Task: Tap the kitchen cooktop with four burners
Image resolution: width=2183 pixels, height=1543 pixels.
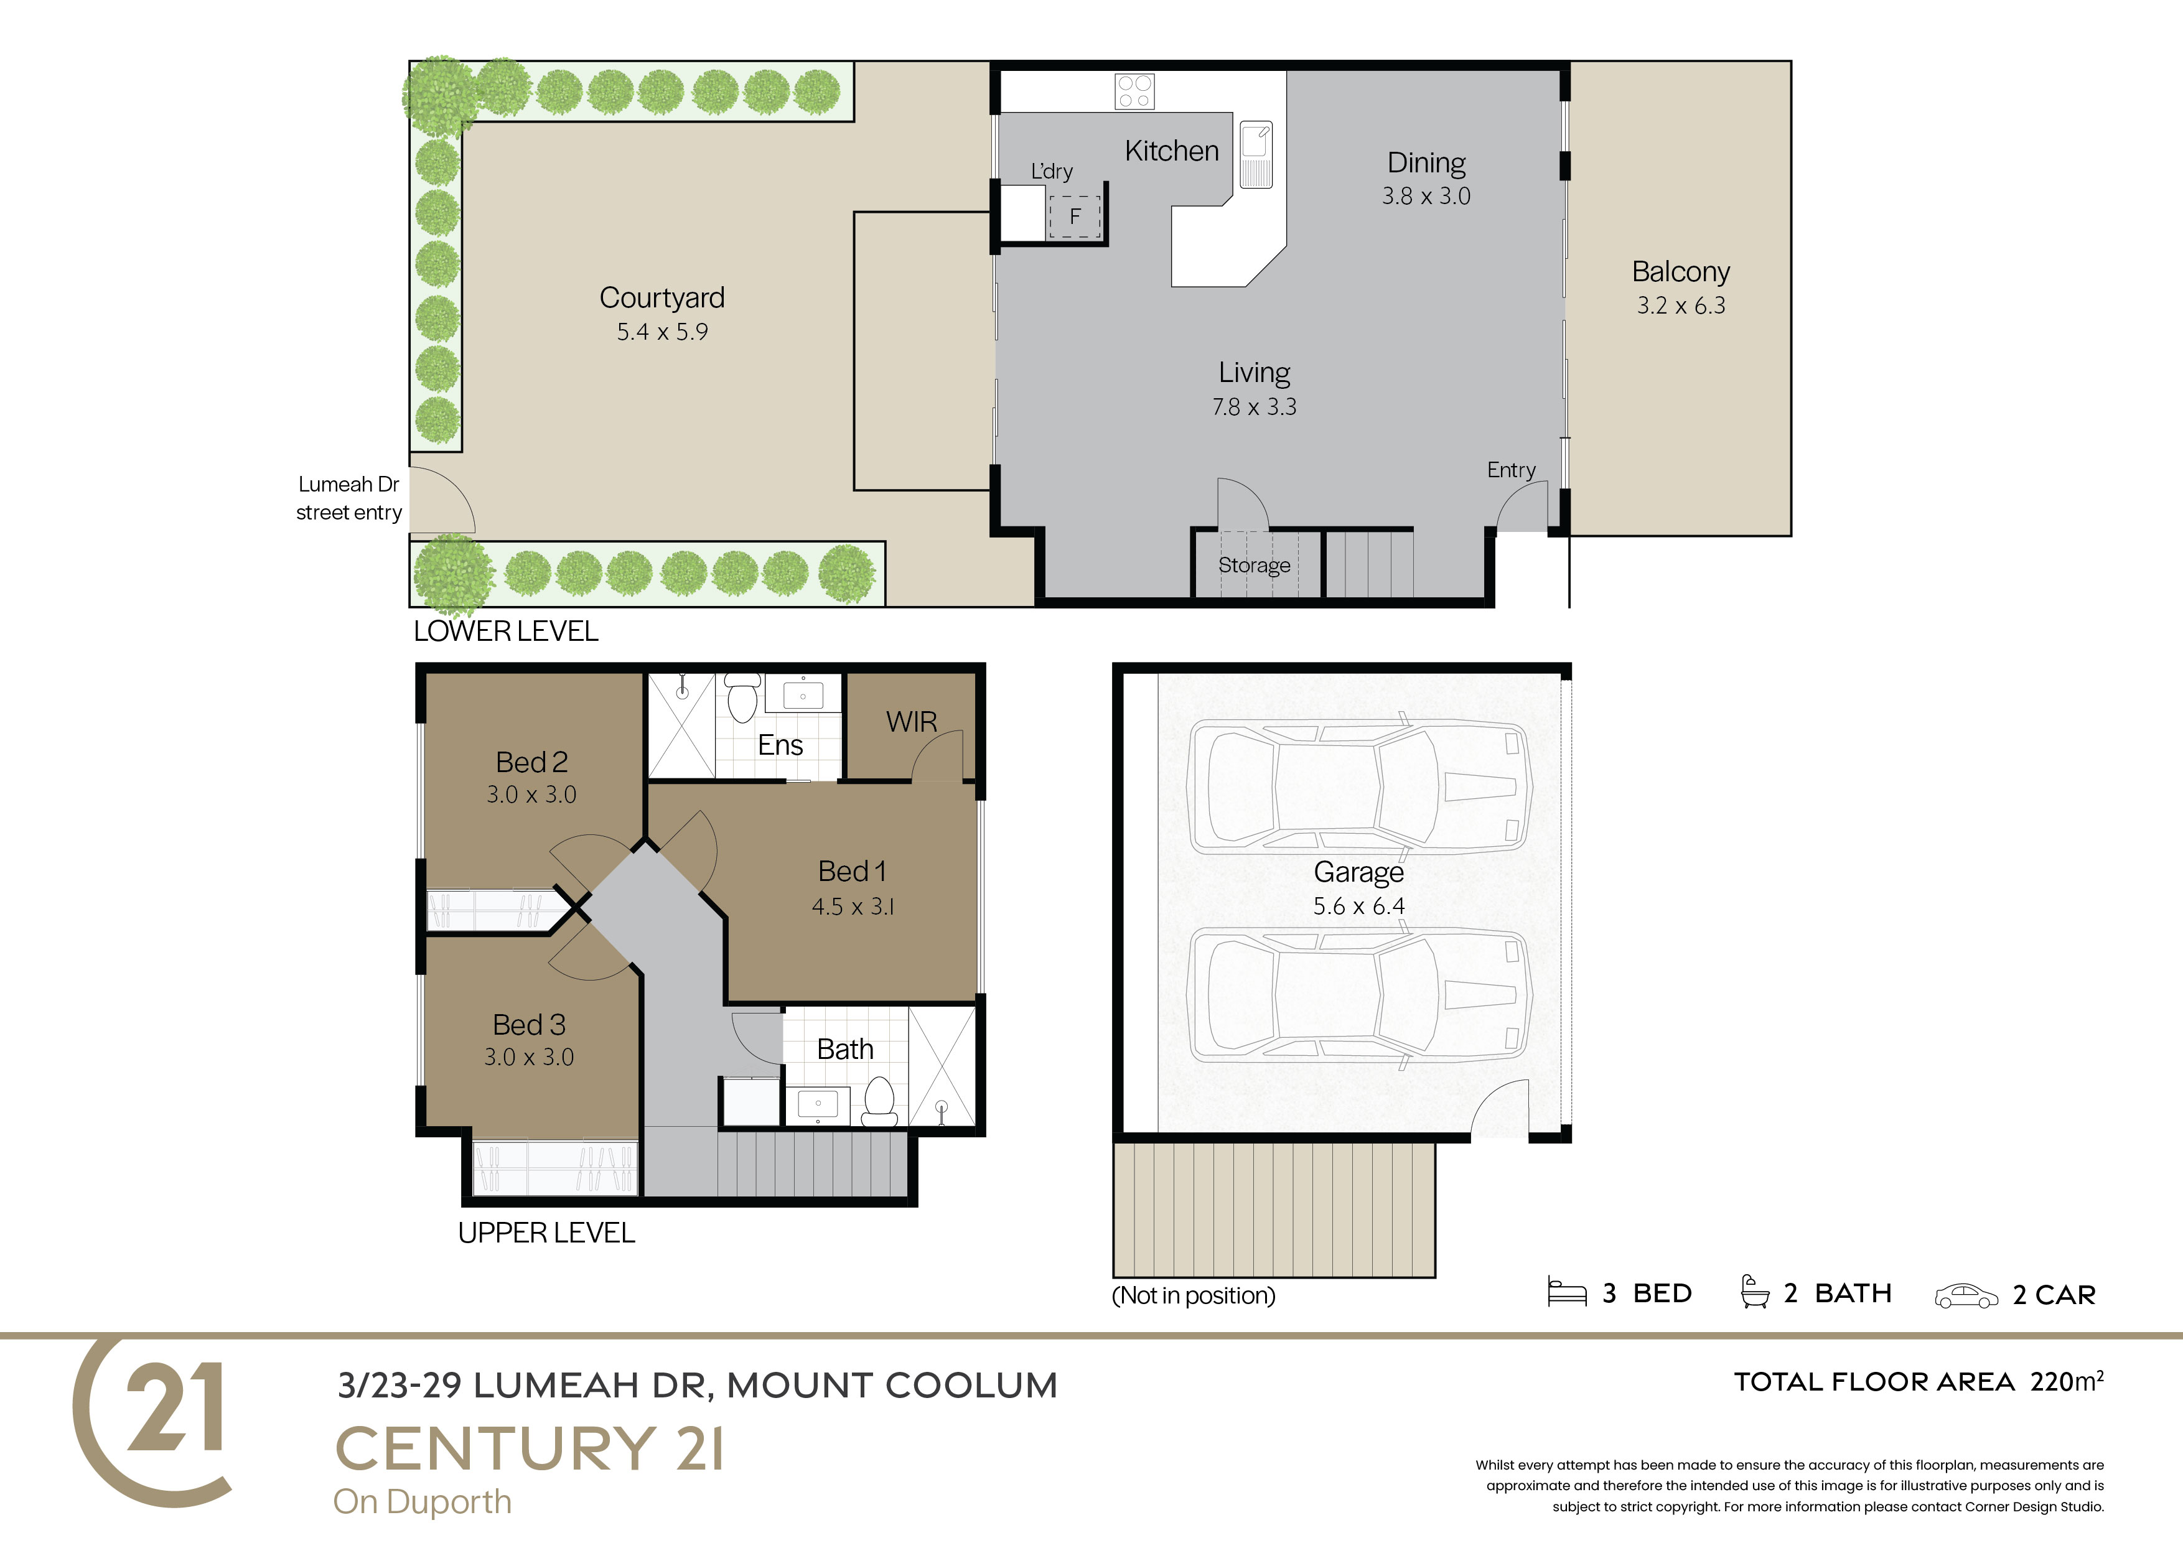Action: [x=1134, y=91]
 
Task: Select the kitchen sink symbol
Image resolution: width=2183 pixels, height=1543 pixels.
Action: [x=1256, y=154]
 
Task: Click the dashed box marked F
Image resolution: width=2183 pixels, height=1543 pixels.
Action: [x=1074, y=217]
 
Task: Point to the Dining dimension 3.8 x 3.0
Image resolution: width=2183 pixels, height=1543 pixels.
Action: [x=1426, y=196]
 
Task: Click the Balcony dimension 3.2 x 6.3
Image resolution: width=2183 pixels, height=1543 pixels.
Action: [x=1681, y=305]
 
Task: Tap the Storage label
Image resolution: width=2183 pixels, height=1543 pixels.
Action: [x=1254, y=566]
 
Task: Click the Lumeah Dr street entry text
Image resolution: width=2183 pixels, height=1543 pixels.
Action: [x=349, y=498]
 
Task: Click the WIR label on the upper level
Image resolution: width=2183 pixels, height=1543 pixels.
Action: [x=912, y=722]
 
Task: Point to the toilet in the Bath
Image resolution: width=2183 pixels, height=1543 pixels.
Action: [x=879, y=1101]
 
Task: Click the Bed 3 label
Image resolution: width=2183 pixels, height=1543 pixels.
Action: [x=528, y=1024]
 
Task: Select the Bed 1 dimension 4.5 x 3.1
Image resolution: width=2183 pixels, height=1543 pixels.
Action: [x=853, y=907]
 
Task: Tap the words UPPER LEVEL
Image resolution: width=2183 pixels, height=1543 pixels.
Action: [x=547, y=1233]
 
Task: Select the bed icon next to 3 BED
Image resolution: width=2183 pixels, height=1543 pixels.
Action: [x=1567, y=1292]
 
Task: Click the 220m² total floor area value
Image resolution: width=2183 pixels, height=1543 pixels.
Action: [x=2066, y=1381]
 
